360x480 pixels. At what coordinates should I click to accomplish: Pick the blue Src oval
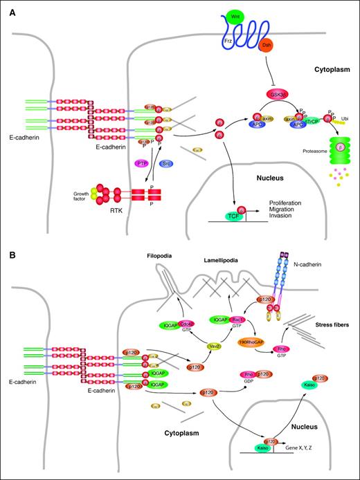coord(165,163)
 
